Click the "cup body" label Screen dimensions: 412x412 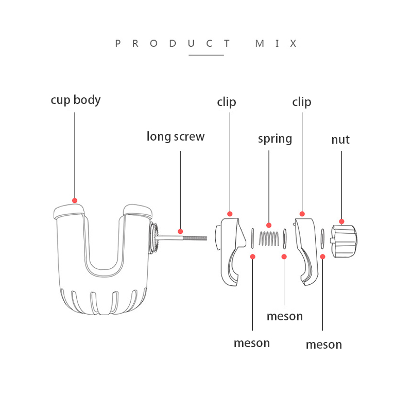tap(76, 100)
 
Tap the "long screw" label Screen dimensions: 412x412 tap(176, 136)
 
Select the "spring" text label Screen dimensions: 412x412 tap(275, 139)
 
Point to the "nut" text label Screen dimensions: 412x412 tap(340, 140)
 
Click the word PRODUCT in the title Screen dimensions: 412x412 tap(173, 43)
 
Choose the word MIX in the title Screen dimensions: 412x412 tap(276, 43)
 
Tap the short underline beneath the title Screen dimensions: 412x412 tap(207, 55)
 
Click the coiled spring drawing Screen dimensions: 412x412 tap(269, 238)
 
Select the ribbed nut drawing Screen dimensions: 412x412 tap(344, 241)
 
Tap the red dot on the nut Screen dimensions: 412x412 tap(341, 221)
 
